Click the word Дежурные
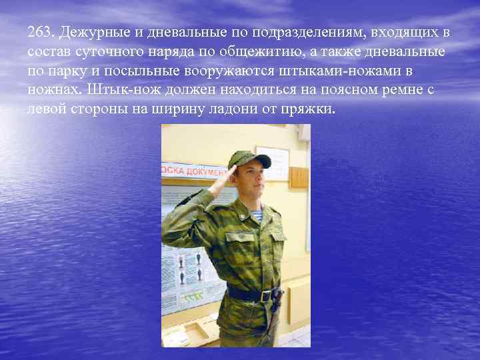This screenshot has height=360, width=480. click(90, 32)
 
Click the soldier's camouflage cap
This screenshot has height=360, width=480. click(247, 159)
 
